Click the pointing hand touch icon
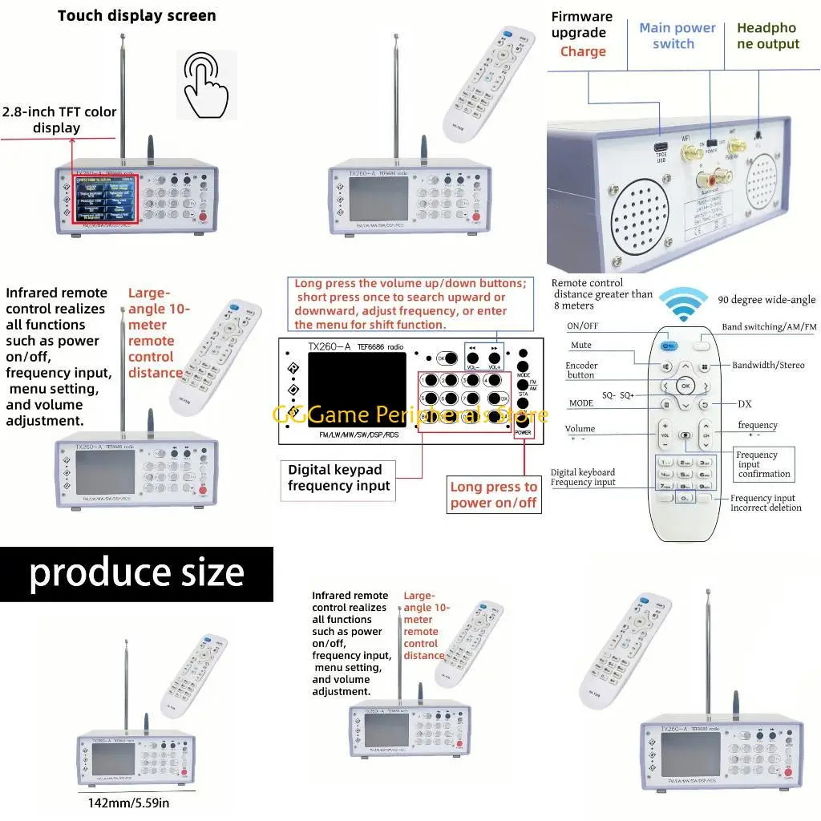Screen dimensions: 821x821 click(206, 85)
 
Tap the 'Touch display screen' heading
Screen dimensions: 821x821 click(136, 15)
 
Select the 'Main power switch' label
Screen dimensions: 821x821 click(677, 36)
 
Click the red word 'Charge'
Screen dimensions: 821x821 click(583, 51)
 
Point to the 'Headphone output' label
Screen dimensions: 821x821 click(767, 36)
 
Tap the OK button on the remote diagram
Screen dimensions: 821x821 click(684, 386)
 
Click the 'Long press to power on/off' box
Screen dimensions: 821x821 click(493, 495)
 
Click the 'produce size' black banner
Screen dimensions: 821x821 click(136, 573)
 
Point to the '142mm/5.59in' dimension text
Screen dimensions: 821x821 click(129, 803)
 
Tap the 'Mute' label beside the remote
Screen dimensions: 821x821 click(581, 346)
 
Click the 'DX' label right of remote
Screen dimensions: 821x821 click(744, 404)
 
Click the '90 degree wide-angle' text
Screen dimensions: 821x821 click(766, 300)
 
